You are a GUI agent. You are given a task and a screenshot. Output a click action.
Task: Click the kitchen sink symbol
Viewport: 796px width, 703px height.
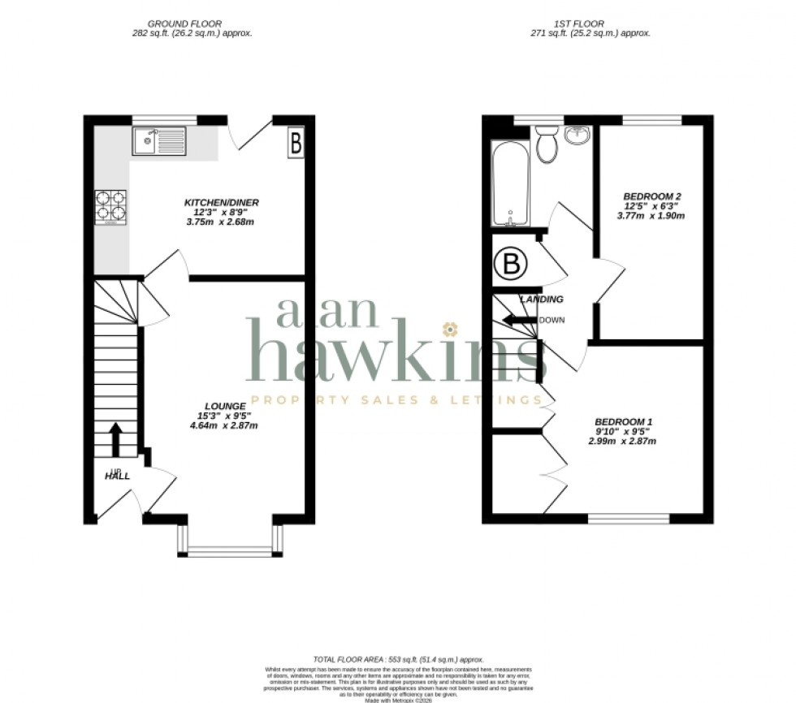point(160,142)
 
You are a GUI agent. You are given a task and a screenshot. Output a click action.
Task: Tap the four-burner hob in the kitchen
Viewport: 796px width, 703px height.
point(112,205)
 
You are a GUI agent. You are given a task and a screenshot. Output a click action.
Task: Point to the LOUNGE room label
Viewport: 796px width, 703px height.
point(225,406)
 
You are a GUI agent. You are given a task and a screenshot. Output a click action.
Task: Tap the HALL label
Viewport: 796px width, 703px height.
point(116,476)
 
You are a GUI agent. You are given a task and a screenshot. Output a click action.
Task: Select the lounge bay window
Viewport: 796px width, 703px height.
point(231,540)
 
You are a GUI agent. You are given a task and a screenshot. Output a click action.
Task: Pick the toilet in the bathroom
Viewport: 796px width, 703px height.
point(547,144)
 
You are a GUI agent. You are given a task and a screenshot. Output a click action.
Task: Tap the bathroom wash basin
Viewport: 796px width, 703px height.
point(578,136)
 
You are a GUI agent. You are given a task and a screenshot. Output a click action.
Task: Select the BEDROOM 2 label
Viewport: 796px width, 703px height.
point(651,196)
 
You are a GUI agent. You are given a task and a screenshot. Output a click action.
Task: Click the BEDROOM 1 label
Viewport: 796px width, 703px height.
point(623,421)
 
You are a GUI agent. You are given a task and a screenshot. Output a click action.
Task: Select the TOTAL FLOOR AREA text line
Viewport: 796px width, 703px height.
point(398,658)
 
